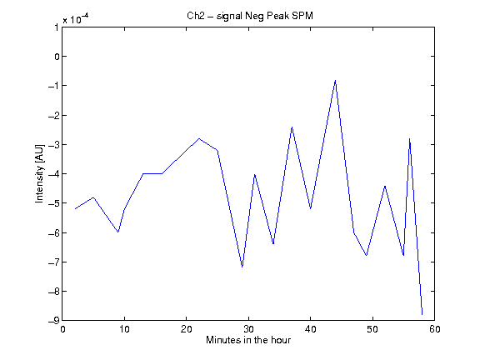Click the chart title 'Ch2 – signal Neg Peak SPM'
(250, 16)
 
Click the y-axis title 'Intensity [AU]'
(40, 173)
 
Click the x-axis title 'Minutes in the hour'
(248, 340)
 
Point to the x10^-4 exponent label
(76, 18)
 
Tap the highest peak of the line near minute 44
(336, 81)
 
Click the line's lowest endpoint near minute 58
(422, 314)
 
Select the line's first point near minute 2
(75, 209)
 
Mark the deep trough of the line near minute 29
(242, 267)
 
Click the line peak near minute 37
(292, 127)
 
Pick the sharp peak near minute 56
(410, 139)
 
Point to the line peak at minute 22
(199, 138)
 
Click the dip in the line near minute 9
(118, 232)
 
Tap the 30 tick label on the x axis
(248, 329)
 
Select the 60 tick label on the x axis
(435, 329)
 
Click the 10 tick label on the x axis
(124, 329)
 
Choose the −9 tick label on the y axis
(53, 321)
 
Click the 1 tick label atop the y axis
(57, 27)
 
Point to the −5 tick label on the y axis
(53, 203)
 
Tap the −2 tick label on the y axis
(53, 115)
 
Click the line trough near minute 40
(310, 208)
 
